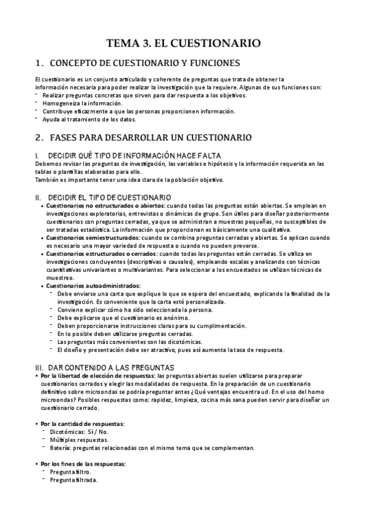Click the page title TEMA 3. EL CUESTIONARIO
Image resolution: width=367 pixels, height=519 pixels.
(183, 43)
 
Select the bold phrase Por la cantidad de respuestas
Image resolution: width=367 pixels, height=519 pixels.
(83, 424)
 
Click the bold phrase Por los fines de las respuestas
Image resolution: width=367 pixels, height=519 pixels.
(83, 464)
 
